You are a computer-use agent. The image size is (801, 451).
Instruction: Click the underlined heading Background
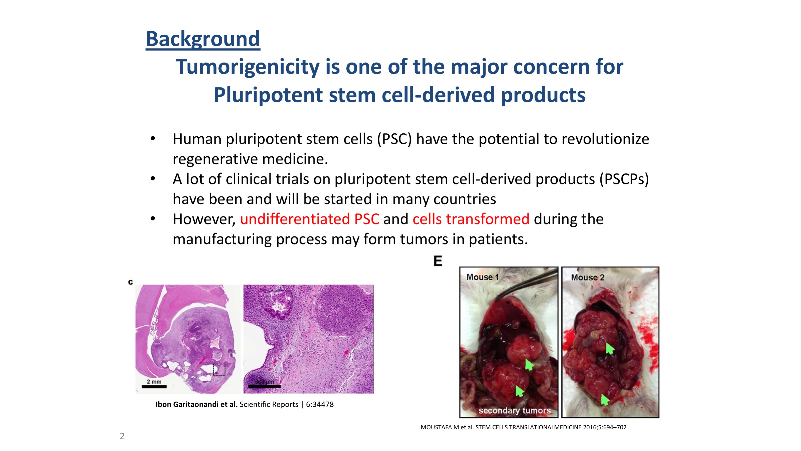tap(203, 39)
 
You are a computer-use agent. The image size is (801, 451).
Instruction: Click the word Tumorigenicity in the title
tap(248, 67)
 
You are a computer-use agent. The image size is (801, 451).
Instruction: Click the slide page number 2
tap(122, 436)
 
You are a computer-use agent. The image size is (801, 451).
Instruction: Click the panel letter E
tap(438, 261)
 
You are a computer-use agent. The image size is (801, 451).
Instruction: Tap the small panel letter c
tap(131, 282)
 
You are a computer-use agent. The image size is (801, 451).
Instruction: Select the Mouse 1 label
tap(482, 277)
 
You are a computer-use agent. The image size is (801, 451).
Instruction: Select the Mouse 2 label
tap(588, 277)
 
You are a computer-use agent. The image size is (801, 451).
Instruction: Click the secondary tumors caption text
tap(515, 411)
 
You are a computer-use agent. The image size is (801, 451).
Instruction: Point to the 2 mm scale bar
tap(154, 387)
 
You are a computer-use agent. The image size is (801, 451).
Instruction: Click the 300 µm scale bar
tap(264, 386)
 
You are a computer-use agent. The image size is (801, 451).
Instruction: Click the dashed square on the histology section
tap(219, 369)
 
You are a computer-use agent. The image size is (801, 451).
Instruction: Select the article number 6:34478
tap(320, 404)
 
